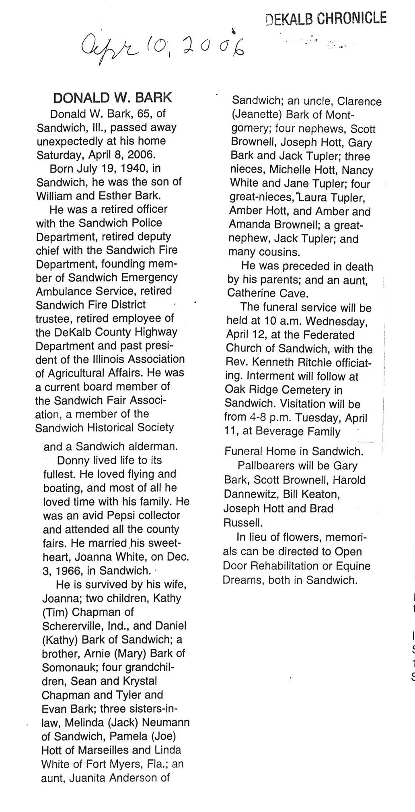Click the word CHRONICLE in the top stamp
[x=351, y=19]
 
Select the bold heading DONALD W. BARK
[x=112, y=98]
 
